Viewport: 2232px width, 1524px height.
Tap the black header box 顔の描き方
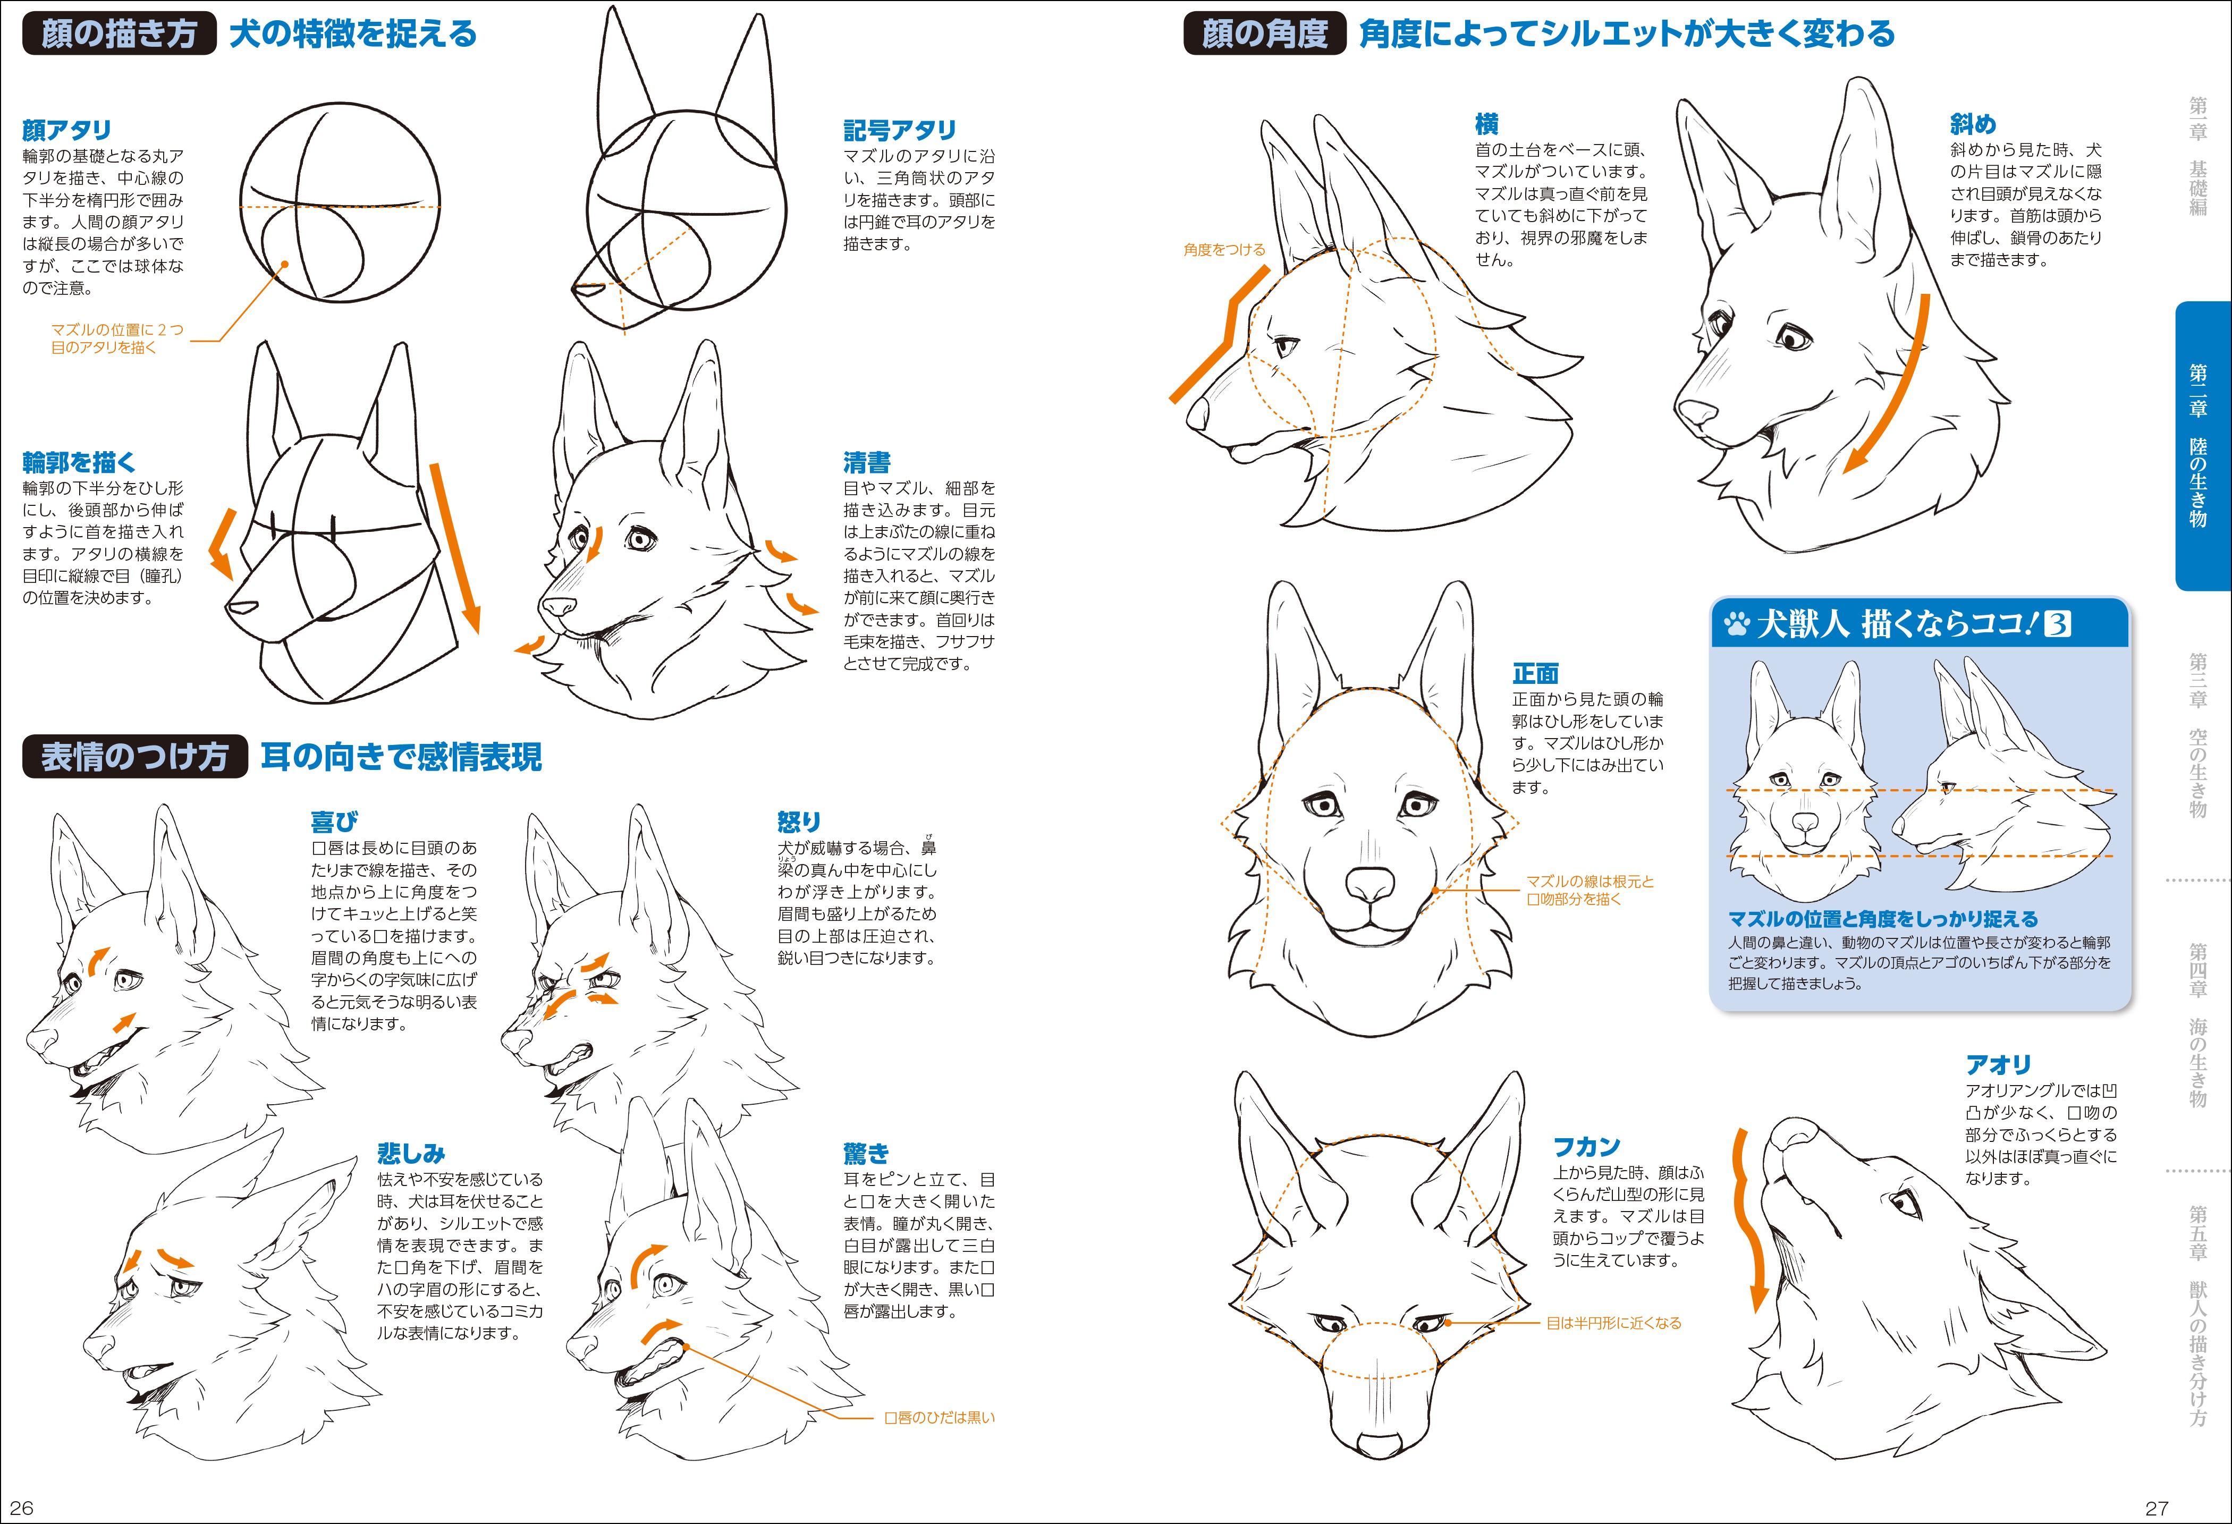(x=119, y=33)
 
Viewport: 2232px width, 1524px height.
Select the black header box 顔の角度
(x=1264, y=33)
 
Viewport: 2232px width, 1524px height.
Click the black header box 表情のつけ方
(x=134, y=757)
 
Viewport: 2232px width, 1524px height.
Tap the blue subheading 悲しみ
(x=411, y=1153)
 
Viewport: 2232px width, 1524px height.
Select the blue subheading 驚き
(x=866, y=1153)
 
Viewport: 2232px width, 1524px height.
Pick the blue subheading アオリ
(x=1998, y=1064)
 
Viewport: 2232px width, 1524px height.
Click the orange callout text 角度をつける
(x=1224, y=250)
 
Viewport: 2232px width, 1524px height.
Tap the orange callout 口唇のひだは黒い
(x=939, y=1417)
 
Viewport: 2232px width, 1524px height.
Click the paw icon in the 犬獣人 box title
(x=1736, y=625)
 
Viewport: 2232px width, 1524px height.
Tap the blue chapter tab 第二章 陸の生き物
(x=2200, y=446)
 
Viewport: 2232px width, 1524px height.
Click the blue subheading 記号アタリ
(x=900, y=130)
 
